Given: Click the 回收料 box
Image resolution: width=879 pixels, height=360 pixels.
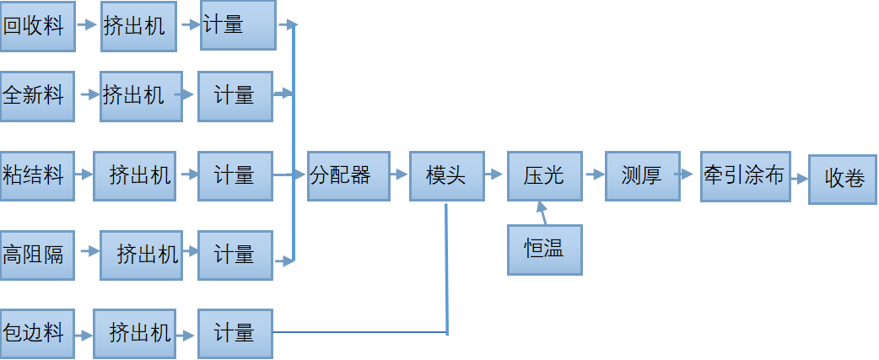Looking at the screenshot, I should coord(37,26).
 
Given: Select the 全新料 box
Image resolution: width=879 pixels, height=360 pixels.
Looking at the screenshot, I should coord(37,95).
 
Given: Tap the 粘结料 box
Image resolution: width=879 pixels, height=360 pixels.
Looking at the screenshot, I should coord(37,175).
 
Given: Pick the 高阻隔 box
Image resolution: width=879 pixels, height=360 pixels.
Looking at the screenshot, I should coord(37,254).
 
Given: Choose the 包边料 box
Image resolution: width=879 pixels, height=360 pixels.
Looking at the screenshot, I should coord(37,333).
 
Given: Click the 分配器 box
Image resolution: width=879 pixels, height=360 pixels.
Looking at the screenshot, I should coord(348,175).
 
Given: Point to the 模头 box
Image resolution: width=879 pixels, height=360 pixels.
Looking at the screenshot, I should coord(446,175).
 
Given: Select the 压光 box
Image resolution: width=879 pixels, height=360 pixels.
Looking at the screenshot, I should coord(544,175).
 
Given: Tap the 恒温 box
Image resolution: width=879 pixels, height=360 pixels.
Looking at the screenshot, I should coord(544,250).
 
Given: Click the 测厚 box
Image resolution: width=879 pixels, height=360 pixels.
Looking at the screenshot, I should coord(642,175).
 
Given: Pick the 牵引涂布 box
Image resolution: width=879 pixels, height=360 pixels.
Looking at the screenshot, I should coord(745,175).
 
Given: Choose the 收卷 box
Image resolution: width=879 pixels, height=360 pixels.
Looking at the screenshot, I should coord(843,179).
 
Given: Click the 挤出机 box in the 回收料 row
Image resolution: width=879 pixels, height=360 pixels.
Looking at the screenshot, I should coord(138,26).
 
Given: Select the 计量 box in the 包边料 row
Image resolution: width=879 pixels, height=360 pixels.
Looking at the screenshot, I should coord(235,333).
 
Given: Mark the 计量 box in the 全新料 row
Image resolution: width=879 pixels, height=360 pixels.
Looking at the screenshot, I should coord(235,95).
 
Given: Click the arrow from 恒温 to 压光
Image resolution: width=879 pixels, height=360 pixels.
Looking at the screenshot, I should coord(542,212).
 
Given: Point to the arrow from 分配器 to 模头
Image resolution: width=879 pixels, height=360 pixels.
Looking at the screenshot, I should coord(400,175).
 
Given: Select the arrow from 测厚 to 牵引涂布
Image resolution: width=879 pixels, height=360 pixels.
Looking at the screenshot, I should coord(690,175).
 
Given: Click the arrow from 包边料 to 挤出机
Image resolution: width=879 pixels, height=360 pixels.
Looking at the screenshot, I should coord(84,334).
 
